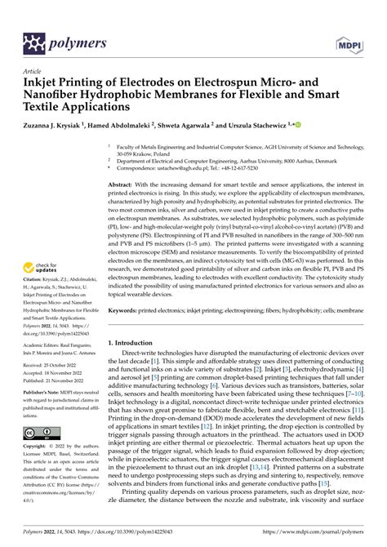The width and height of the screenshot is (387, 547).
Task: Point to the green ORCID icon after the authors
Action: (298, 126)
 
